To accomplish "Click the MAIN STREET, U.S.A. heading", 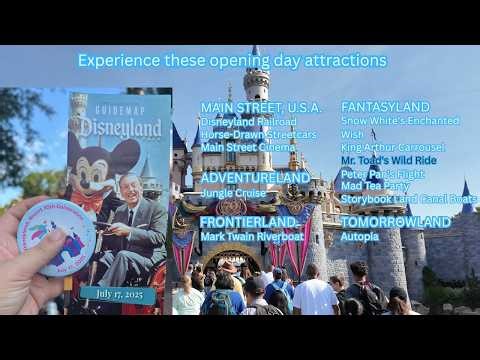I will (x=261, y=107).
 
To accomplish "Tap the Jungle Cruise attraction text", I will (x=233, y=192).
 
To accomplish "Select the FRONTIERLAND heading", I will (x=248, y=222).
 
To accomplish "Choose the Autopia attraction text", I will (x=359, y=237).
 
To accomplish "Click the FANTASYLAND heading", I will (x=385, y=107).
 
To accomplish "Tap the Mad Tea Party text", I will (x=375, y=185).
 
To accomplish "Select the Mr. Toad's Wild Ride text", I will (x=388, y=159).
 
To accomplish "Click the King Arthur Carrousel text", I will (x=393, y=146).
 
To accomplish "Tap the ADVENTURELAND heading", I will (x=255, y=178).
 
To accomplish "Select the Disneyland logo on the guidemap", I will (x=120, y=127).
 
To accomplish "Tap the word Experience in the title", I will (x=114, y=61).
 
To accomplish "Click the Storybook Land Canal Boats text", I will (x=409, y=198).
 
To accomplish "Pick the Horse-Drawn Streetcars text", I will (x=258, y=134).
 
